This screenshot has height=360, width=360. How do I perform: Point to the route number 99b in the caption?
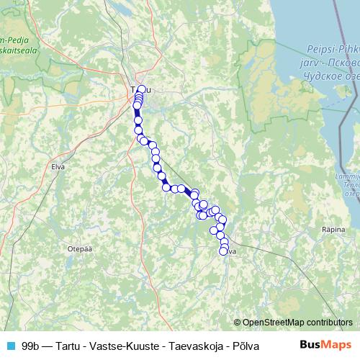[x=30, y=345]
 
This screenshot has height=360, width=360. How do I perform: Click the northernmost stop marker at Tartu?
[x=142, y=89]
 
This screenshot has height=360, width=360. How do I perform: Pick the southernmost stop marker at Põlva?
[x=224, y=251]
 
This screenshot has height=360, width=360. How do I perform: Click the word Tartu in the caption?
[x=72, y=345]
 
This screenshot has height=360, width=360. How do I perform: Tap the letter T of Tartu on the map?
[x=133, y=90]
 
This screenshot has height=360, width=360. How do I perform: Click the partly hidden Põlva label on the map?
[x=231, y=252]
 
